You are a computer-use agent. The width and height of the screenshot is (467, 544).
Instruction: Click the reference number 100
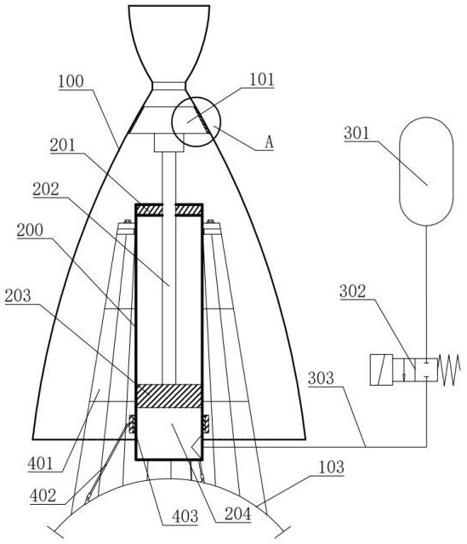71,82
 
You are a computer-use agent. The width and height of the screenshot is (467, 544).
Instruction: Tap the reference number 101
262,79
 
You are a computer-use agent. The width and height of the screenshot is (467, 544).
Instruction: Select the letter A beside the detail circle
269,142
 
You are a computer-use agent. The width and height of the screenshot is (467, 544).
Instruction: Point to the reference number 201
62,145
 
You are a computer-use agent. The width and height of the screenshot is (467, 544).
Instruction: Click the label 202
46,190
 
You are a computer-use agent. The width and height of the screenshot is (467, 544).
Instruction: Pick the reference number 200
30,231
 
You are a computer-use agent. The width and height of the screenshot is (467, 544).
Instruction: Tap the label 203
18,296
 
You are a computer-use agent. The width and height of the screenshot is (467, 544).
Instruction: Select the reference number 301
356,133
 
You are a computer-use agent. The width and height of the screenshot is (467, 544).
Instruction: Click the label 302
353,291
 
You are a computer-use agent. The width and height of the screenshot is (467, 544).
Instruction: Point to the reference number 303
321,378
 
